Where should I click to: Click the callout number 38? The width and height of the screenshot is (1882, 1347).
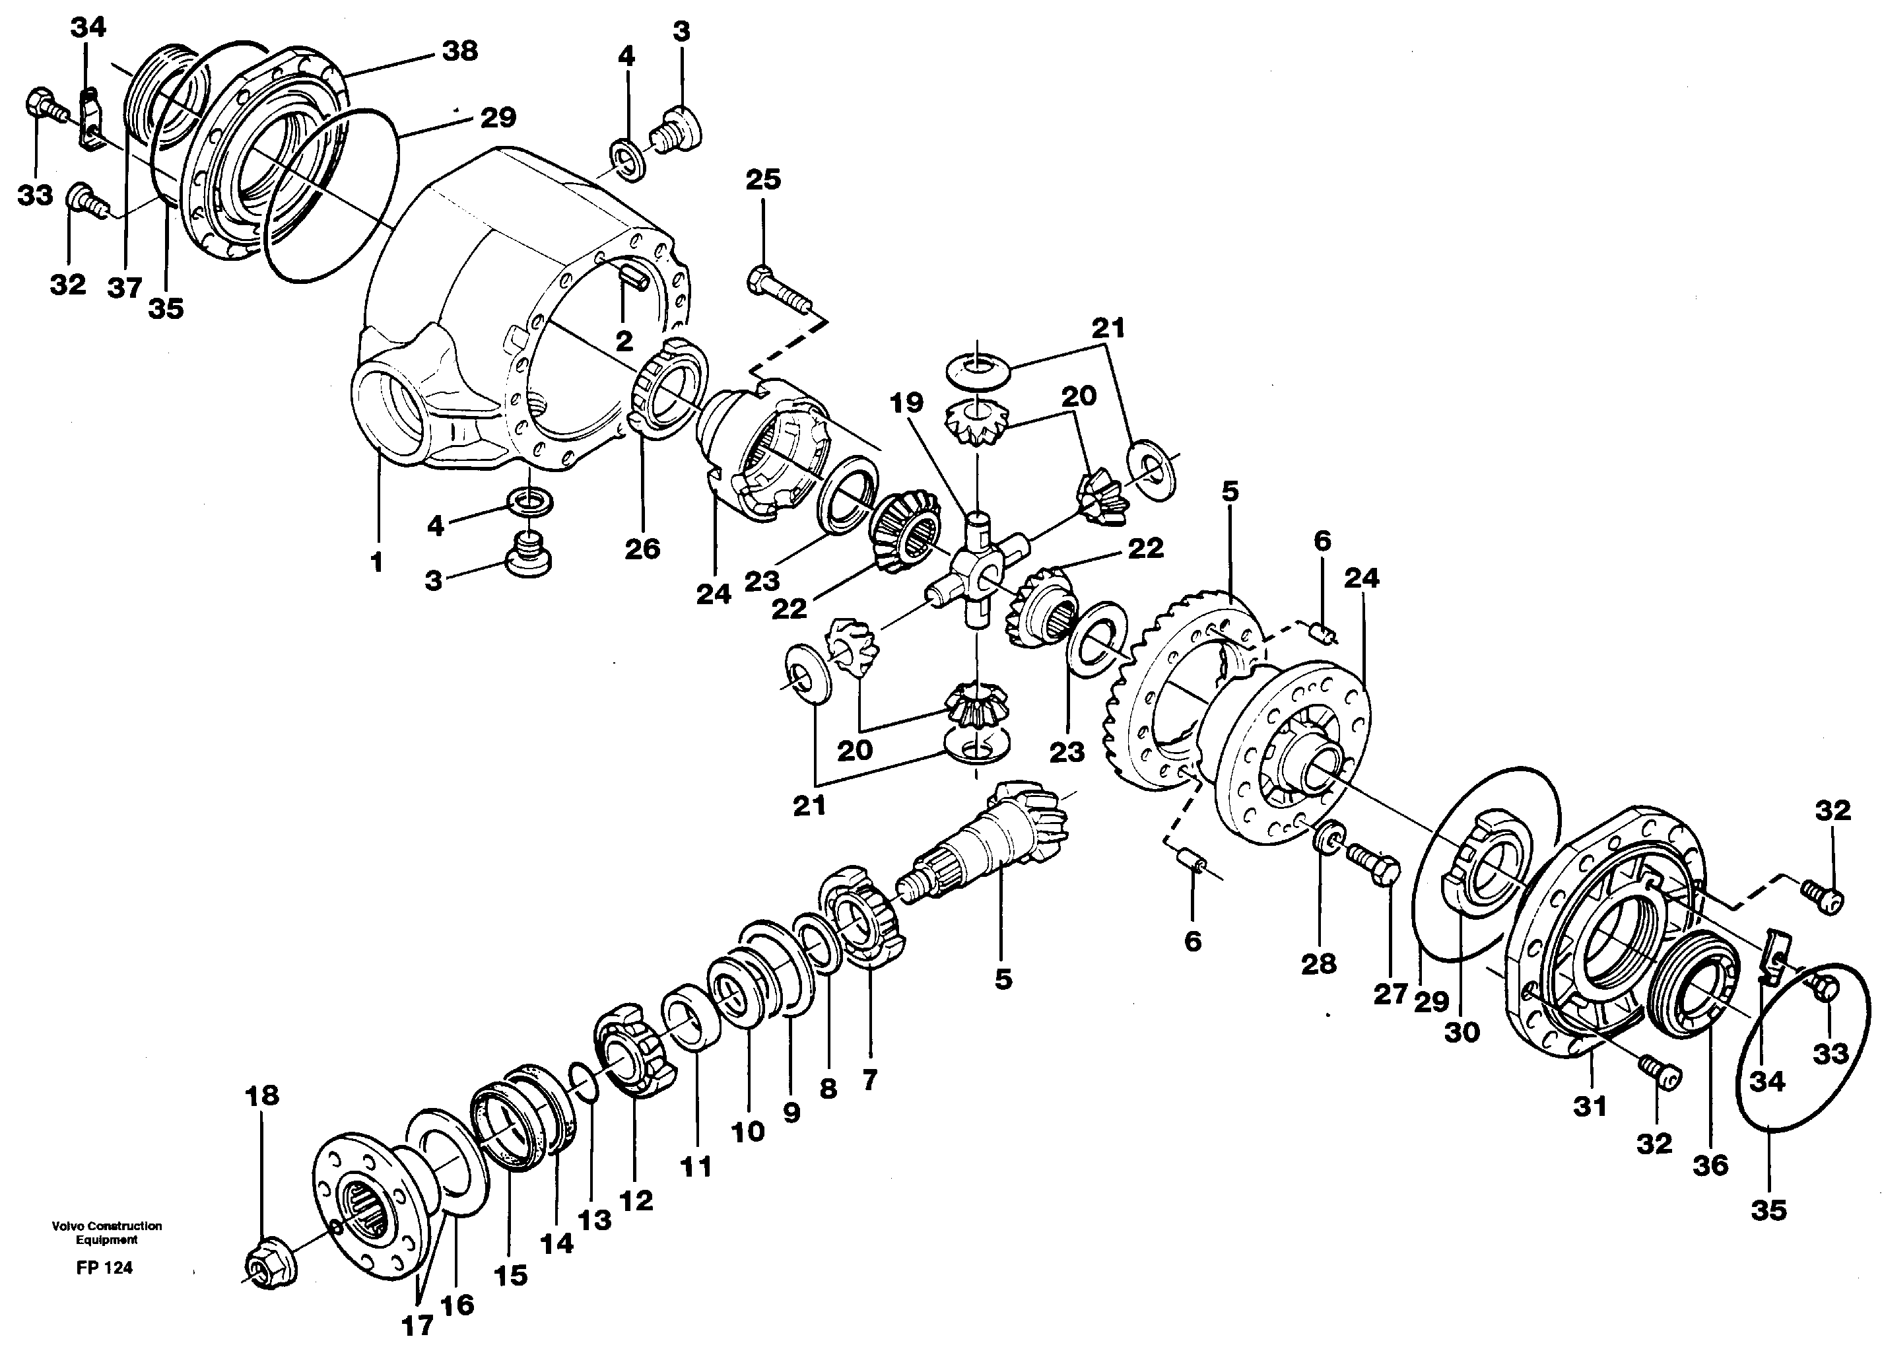pos(460,52)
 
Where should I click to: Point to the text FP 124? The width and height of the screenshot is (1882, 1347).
pos(104,1267)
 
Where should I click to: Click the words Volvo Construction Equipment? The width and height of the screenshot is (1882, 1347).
pos(106,1233)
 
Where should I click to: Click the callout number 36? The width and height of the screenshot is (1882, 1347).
pos(1710,1165)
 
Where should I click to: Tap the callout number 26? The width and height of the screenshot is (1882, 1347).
pos(642,548)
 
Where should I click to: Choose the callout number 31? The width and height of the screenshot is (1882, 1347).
pos(1590,1105)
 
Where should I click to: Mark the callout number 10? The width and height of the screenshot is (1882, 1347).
pos(748,1130)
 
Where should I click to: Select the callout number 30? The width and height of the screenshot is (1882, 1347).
pos(1462,1032)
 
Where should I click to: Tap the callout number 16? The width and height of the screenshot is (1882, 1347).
pos(457,1303)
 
